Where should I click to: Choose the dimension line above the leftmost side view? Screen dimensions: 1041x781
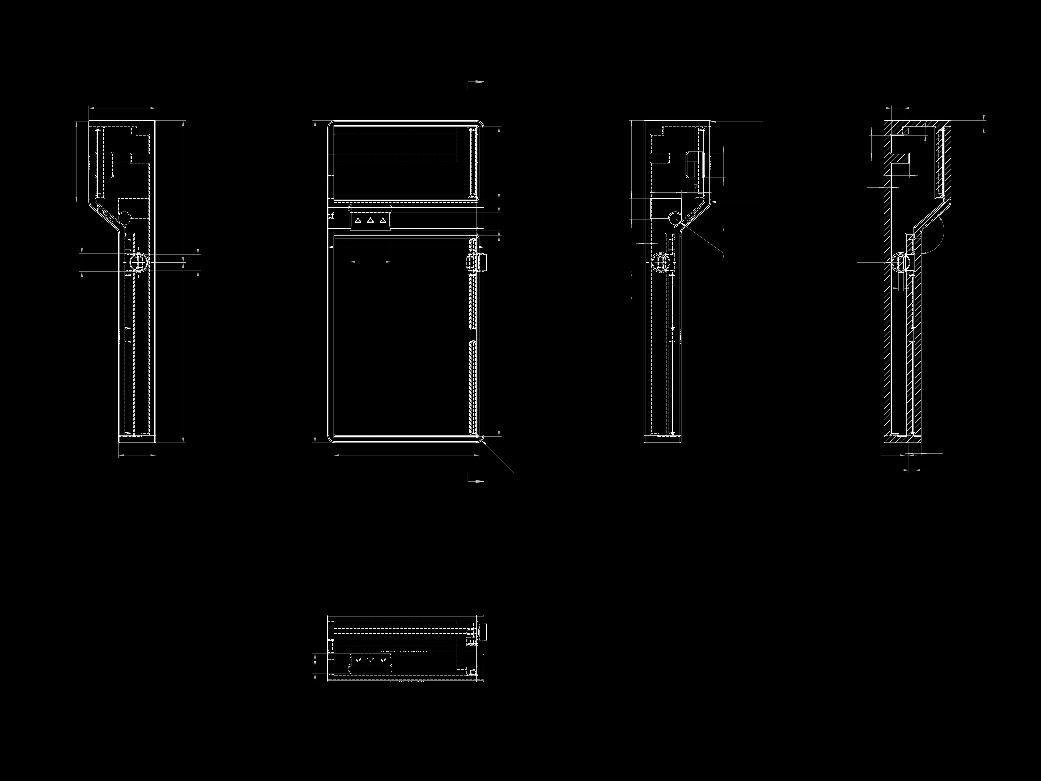pos(122,108)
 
